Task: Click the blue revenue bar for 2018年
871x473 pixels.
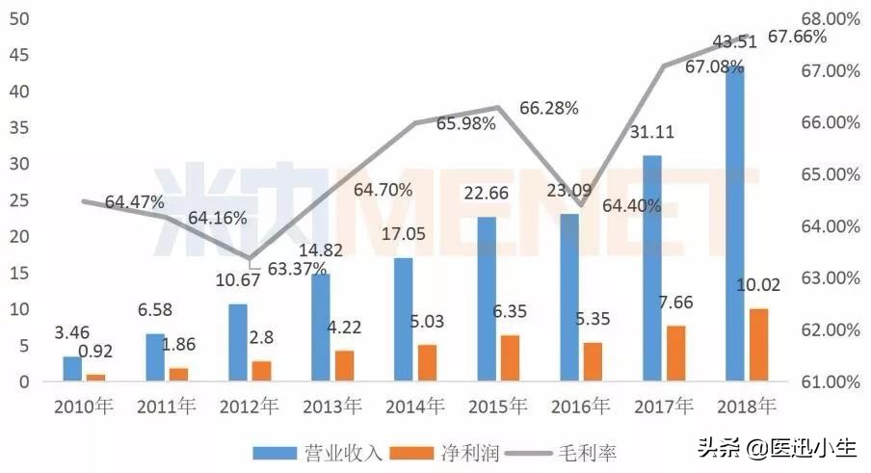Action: [x=734, y=222]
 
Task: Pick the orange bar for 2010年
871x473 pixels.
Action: [x=95, y=377]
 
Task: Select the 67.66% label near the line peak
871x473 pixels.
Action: [x=798, y=38]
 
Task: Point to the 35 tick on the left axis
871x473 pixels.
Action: [x=18, y=127]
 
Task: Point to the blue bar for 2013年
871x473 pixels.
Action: [x=321, y=328]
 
